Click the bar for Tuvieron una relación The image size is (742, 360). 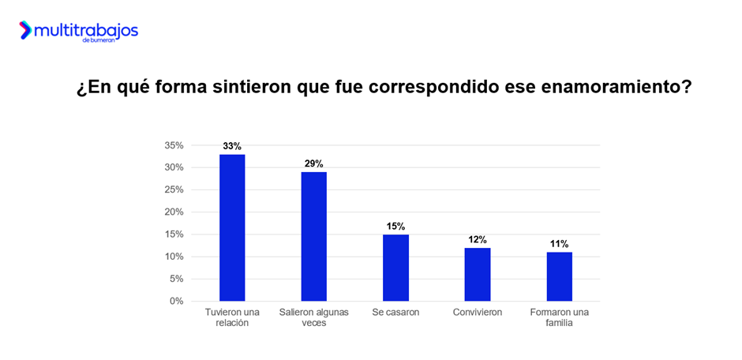(232, 227)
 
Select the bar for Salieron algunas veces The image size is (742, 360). (313, 236)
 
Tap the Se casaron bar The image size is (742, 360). (395, 268)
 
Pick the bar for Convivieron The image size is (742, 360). (478, 274)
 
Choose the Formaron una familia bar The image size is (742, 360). (559, 276)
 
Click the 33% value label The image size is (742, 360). (232, 146)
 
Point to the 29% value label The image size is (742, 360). (313, 163)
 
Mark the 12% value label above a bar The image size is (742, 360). (478, 239)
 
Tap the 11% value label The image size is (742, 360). (559, 244)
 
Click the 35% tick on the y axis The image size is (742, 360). (174, 145)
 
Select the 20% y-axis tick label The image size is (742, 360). (174, 212)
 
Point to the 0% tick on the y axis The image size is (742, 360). (176, 301)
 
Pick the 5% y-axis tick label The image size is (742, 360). (176, 279)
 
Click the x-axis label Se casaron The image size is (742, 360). (395, 313)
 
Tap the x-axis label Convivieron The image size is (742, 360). (478, 313)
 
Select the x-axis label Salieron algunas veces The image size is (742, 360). (313, 317)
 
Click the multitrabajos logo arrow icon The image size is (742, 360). (26, 30)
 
